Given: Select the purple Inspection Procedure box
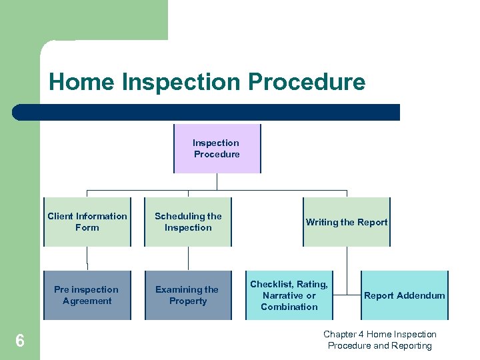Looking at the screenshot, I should point(217,148).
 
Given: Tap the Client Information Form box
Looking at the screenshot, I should point(87,222).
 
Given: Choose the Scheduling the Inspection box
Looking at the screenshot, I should point(188,222).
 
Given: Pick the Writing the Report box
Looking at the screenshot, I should point(347,222).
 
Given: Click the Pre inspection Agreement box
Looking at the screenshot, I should point(87,295).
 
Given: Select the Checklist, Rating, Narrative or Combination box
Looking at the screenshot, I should point(289,295).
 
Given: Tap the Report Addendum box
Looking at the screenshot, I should point(405,295).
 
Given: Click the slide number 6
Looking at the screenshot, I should point(20,341).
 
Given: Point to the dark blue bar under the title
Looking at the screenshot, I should point(207,112).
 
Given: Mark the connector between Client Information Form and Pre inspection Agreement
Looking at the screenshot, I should point(87,259).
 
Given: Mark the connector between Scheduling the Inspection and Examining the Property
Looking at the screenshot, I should point(188,259).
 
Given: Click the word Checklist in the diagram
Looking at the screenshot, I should point(271,284).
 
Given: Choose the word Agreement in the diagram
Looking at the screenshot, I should point(87,301).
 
